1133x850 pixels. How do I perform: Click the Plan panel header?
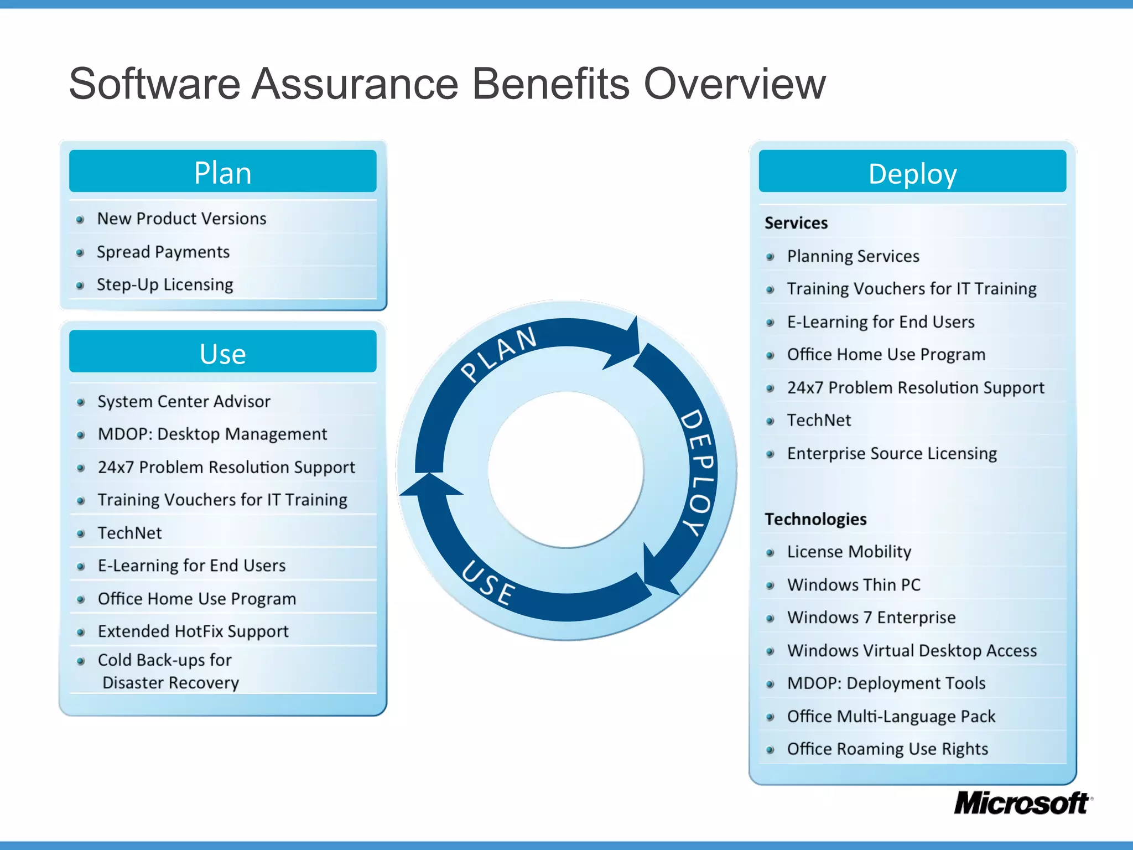(222, 172)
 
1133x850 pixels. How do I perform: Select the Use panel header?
(222, 353)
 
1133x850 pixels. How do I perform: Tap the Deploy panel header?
(912, 173)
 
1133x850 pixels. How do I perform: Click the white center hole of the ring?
(566, 469)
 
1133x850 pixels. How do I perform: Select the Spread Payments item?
(163, 252)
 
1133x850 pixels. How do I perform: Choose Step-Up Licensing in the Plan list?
(165, 284)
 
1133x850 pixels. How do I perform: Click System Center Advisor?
(184, 401)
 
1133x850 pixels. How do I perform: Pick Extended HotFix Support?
(193, 631)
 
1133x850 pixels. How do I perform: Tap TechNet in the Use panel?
(129, 533)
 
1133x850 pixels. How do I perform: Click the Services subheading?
(796, 223)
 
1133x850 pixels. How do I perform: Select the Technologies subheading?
(815, 519)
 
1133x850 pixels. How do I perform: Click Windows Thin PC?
(854, 585)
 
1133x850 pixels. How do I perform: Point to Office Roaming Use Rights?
(887, 749)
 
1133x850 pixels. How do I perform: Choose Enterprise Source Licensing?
(892, 453)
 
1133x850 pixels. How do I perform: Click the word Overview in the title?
(735, 84)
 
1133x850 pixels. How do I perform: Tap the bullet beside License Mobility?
(770, 552)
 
